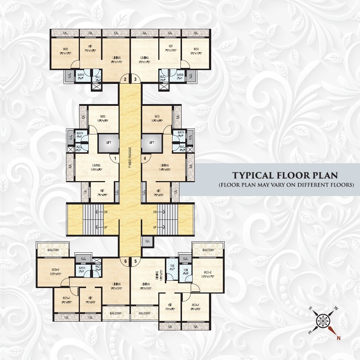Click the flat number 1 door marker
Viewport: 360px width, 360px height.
(x=115, y=158)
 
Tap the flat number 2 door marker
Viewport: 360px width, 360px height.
(x=125, y=79)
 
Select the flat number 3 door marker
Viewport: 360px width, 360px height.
(x=135, y=79)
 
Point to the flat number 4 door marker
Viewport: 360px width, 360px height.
(x=145, y=158)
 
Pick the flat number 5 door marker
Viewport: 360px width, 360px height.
(x=135, y=261)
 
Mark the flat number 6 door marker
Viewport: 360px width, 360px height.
(x=125, y=261)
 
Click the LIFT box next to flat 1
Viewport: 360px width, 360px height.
(x=108, y=143)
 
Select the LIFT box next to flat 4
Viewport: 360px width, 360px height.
(x=152, y=143)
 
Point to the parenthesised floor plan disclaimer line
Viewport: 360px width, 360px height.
(x=286, y=185)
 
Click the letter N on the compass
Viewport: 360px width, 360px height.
(x=338, y=338)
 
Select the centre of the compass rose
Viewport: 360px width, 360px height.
(x=323, y=321)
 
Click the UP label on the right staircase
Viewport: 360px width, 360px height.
(x=155, y=227)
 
